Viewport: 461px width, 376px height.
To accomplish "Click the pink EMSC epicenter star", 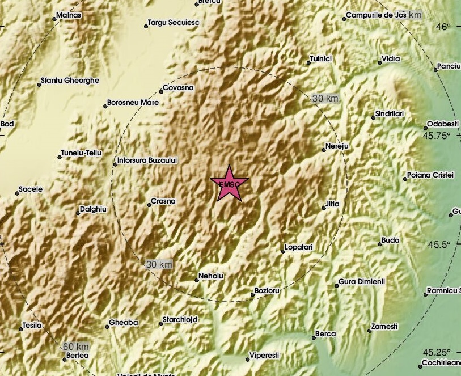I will pyautogui.click(x=229, y=183).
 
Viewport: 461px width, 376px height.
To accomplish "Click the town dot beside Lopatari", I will pyautogui.click(x=283, y=251).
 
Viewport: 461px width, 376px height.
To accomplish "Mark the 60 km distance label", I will pyautogui.click(x=76, y=347).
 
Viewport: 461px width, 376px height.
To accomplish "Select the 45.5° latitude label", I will pyautogui.click(x=439, y=245).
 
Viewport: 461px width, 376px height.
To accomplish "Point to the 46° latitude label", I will pyautogui.click(x=443, y=27).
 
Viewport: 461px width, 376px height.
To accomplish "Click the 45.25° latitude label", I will pyautogui.click(x=438, y=352).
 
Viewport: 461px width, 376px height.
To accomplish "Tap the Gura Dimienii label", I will pyautogui.click(x=362, y=281).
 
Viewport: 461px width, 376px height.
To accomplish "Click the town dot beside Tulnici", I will pyautogui.click(x=308, y=62).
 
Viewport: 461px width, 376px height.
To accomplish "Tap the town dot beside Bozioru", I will pyautogui.click(x=252, y=294).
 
